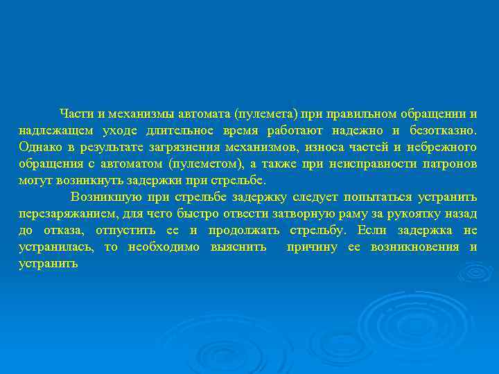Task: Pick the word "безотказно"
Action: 444,130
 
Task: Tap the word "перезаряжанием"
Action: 65,213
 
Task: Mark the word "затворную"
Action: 307,213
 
